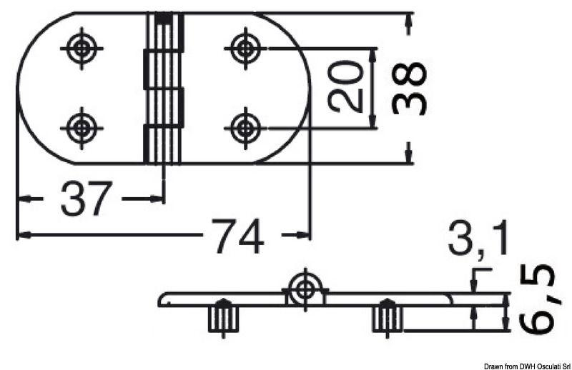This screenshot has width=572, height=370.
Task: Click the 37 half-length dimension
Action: coord(87,199)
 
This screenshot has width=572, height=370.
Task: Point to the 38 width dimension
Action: coord(410,88)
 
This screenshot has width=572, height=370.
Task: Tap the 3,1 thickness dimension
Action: coord(478,239)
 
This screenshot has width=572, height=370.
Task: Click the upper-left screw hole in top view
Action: coord(83,49)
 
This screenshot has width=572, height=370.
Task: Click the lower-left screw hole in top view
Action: coord(83,129)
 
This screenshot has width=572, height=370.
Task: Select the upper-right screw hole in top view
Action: coord(246,49)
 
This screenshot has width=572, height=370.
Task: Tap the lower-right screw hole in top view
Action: coord(246,129)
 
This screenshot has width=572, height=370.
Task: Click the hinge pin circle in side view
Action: coord(306,289)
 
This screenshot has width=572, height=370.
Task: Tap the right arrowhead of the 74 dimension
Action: coord(306,235)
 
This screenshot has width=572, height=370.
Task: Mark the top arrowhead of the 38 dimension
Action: coord(408,24)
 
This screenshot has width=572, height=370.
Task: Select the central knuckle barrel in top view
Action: coord(164,88)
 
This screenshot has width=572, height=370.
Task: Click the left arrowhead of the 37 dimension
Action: coord(23,199)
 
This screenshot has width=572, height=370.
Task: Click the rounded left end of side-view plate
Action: coord(162,299)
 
